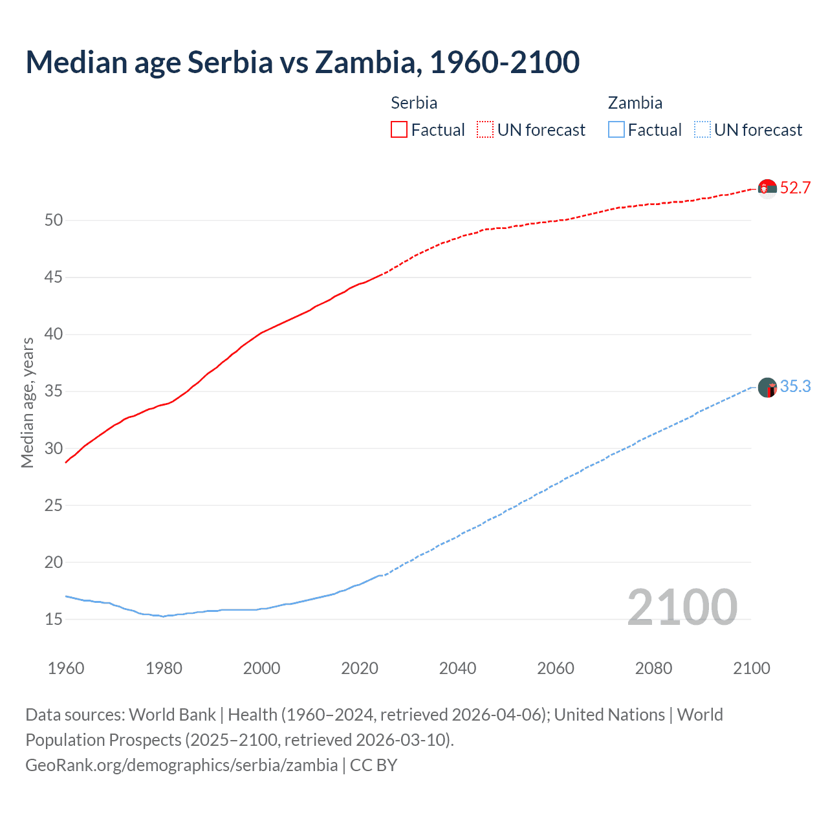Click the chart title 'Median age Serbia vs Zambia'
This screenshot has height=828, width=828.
pyautogui.click(x=302, y=62)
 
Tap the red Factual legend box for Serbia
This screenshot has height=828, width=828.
pyautogui.click(x=399, y=130)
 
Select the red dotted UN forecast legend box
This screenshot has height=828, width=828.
pyautogui.click(x=485, y=130)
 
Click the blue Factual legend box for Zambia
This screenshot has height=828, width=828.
pyautogui.click(x=616, y=130)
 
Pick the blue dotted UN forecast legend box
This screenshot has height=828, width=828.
pyautogui.click(x=702, y=130)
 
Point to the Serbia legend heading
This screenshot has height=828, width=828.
pyautogui.click(x=414, y=103)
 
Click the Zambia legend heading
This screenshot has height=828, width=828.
pyautogui.click(x=635, y=103)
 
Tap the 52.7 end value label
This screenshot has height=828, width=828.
pyautogui.click(x=795, y=188)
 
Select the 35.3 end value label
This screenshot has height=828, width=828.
pyautogui.click(x=795, y=387)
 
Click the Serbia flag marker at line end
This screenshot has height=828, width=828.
pyautogui.click(x=767, y=189)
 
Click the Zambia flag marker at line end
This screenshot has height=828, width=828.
pyautogui.click(x=767, y=387)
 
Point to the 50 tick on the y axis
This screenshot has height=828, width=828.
pyautogui.click(x=54, y=221)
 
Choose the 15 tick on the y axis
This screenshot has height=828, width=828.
pyautogui.click(x=54, y=620)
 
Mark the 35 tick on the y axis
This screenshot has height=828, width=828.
pyautogui.click(x=54, y=391)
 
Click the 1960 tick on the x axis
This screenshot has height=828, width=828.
pyautogui.click(x=66, y=668)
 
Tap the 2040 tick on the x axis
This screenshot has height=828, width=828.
pyautogui.click(x=457, y=668)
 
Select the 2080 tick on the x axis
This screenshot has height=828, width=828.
pyautogui.click(x=653, y=668)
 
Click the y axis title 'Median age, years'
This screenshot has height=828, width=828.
pyautogui.click(x=27, y=402)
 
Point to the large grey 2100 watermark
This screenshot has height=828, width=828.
pyautogui.click(x=682, y=607)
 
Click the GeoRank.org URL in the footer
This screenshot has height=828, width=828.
pyautogui.click(x=181, y=765)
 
